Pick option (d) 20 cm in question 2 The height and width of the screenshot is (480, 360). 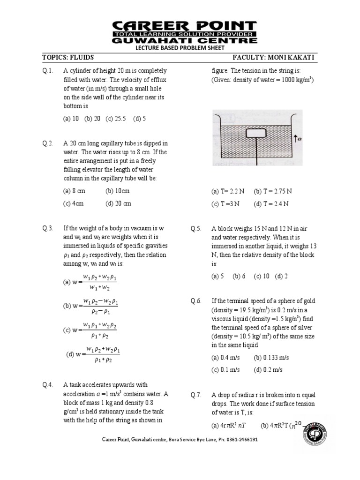pyautogui.click(x=118, y=203)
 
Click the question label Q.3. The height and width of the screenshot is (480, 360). pyautogui.click(x=48, y=228)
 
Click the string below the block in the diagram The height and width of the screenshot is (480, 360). pyautogui.click(x=257, y=152)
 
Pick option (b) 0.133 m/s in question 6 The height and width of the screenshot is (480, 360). pyautogui.click(x=271, y=357)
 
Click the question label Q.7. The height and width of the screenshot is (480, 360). pyautogui.click(x=196, y=395)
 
